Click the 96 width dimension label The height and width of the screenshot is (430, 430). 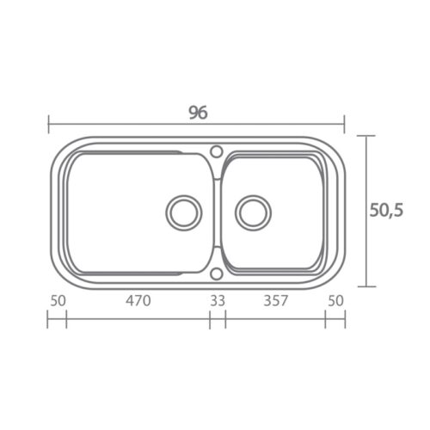click(198, 113)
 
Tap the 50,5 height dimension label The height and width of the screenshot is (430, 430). click(386, 210)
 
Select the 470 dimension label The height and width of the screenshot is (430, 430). click(138, 301)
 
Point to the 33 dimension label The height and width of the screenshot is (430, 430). click(218, 301)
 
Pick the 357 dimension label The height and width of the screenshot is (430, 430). click(275, 301)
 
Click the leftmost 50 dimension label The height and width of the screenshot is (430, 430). click(58, 301)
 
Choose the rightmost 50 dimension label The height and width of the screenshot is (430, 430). click(335, 301)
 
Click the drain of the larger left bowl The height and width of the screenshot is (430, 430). click(184, 212)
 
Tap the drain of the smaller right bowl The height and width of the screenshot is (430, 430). click(253, 212)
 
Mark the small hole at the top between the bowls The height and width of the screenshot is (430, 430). click(217, 151)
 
